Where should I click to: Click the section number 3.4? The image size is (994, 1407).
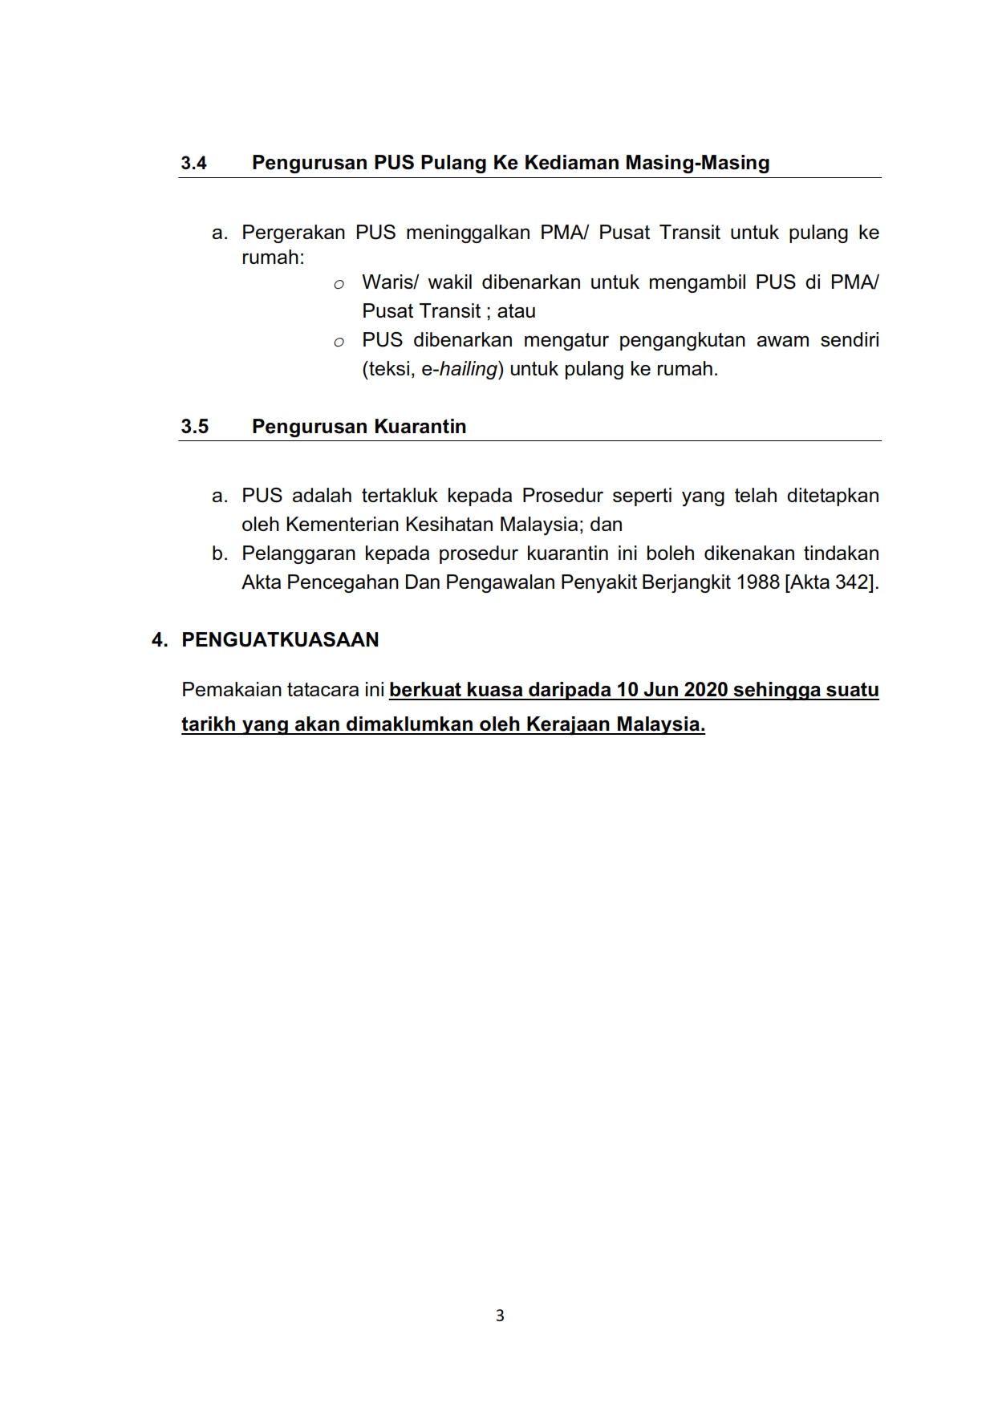coord(193,164)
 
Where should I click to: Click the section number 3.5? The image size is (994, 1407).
coord(194,427)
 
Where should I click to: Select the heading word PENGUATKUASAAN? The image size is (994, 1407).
coord(280,640)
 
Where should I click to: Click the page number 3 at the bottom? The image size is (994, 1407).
coord(500,1316)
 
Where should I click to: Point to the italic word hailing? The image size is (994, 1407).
coord(469,370)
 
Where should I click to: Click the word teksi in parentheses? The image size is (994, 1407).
coord(388,370)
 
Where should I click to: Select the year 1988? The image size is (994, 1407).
coord(757,582)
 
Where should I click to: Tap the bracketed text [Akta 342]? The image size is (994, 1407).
coord(831,582)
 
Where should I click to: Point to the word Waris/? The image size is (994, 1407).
coord(389,282)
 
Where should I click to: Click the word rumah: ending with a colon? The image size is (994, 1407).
coord(273,258)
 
